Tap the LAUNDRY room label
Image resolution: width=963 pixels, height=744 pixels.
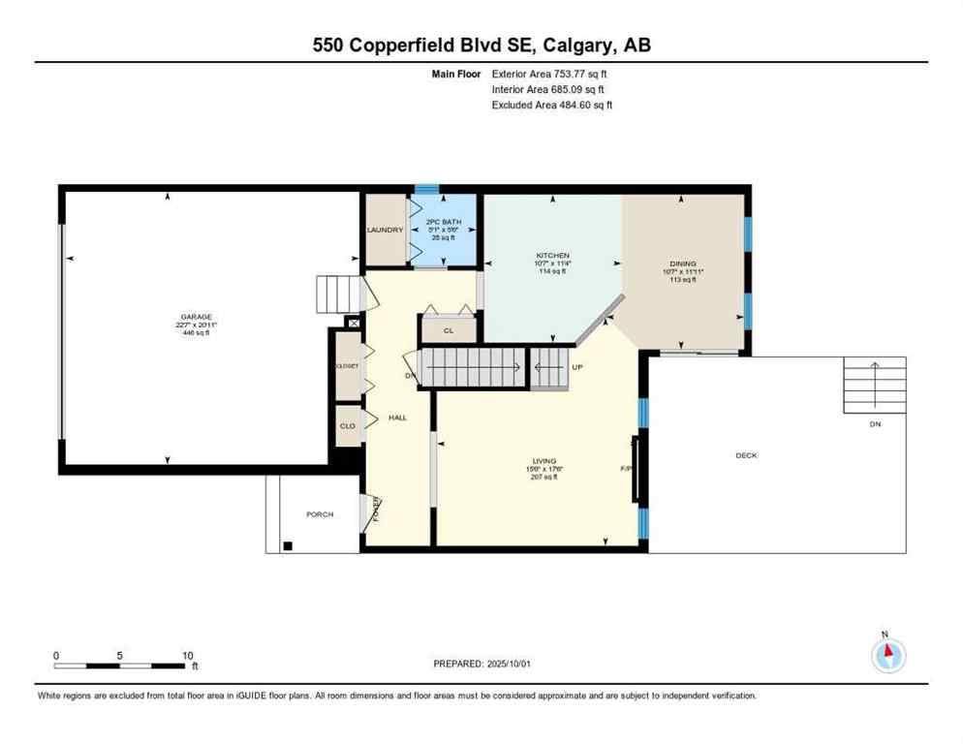pyautogui.click(x=385, y=230)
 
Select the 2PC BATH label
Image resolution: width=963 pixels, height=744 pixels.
pyautogui.click(x=441, y=222)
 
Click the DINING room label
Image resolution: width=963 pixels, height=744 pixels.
pyautogui.click(x=682, y=263)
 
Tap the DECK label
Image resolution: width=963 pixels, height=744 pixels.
pyautogui.click(x=746, y=455)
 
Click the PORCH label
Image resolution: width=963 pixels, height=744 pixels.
pyautogui.click(x=320, y=514)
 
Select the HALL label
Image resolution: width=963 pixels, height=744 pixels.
pyautogui.click(x=397, y=418)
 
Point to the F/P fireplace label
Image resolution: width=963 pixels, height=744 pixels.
pyautogui.click(x=626, y=469)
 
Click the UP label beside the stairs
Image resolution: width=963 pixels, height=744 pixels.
pyautogui.click(x=577, y=368)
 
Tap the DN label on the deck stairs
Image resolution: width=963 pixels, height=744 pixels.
pyautogui.click(x=874, y=423)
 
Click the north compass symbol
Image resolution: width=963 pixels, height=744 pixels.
pyautogui.click(x=887, y=656)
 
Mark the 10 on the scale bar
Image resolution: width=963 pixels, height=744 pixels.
pyautogui.click(x=188, y=656)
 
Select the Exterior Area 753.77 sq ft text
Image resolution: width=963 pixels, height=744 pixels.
pyautogui.click(x=550, y=73)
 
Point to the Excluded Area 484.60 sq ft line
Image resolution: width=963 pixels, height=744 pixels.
pyautogui.click(x=552, y=105)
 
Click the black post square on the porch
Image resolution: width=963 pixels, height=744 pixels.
pyautogui.click(x=287, y=546)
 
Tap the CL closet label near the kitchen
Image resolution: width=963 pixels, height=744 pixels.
pyautogui.click(x=448, y=330)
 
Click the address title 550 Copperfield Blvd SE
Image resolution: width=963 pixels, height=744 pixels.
pyautogui.click(x=481, y=45)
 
